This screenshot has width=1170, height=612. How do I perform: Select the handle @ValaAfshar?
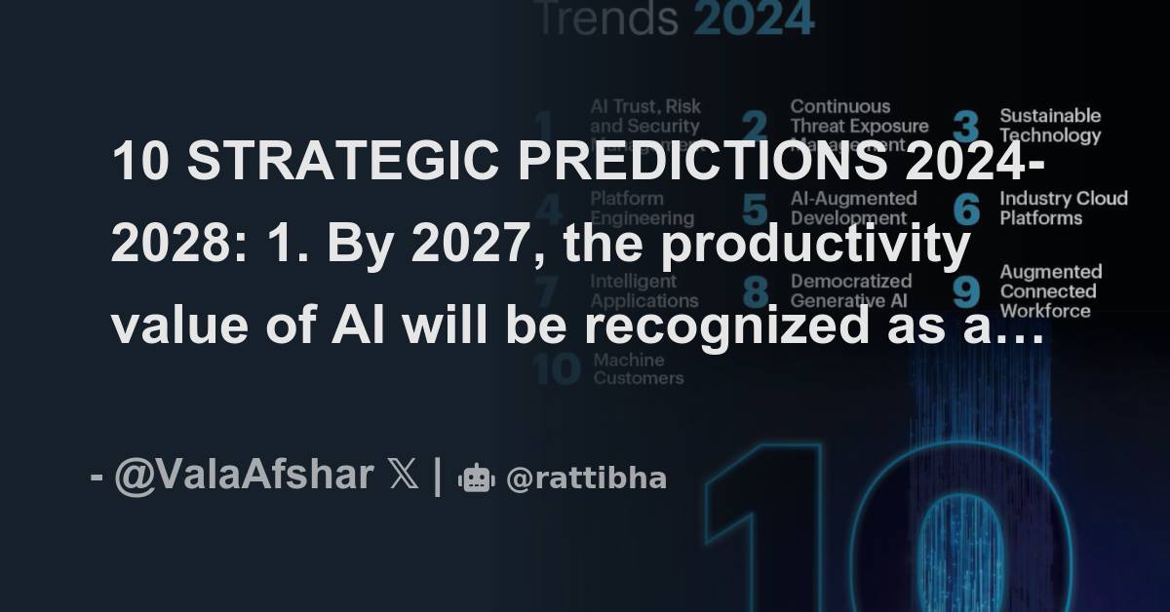244,476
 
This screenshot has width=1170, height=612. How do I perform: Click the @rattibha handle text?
586,478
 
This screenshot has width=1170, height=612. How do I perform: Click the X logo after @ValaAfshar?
402,476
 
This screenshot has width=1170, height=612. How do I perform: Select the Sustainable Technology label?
1050,126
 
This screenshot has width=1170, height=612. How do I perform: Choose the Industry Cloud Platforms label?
1063,208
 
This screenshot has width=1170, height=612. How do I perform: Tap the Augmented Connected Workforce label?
1050,290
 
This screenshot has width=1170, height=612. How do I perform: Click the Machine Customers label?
639,368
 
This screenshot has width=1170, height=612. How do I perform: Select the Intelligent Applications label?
644,290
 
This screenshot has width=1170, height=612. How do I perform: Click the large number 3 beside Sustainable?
965,128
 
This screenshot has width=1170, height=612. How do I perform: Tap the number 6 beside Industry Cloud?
965,210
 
